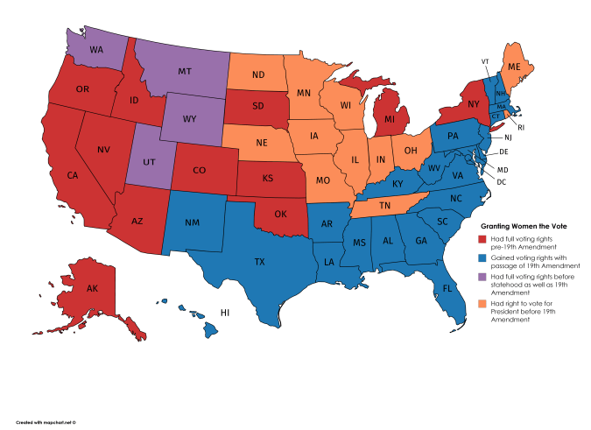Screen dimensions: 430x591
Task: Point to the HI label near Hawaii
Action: pyautogui.click(x=225, y=312)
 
